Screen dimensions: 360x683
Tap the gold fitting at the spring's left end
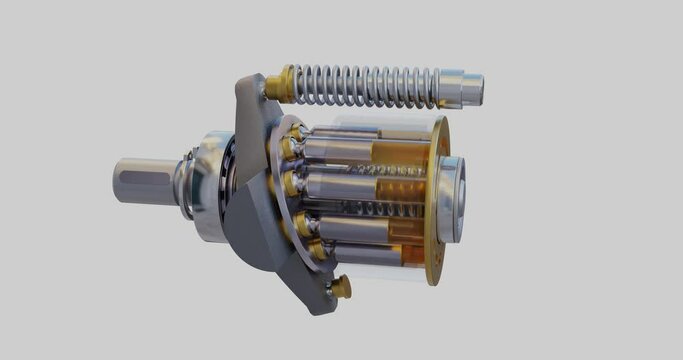pos(281,85)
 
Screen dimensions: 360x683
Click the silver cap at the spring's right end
pos(461,88)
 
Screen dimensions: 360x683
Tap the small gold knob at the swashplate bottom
pos(341,288)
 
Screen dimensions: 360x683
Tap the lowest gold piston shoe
pos(319,251)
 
